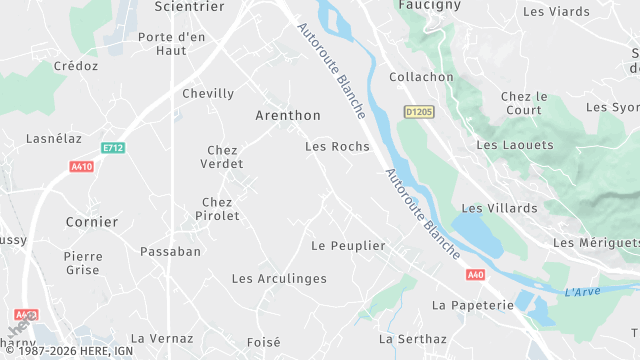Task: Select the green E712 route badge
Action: (x=113, y=148)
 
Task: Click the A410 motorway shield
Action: (x=81, y=167)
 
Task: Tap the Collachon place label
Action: (x=420, y=77)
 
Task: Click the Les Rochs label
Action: (x=336, y=146)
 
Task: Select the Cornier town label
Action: (x=91, y=222)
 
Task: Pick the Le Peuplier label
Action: (x=348, y=245)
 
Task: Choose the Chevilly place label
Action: (x=208, y=93)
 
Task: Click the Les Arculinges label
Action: (x=279, y=278)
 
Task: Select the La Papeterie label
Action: (x=472, y=303)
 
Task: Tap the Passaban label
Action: (x=170, y=251)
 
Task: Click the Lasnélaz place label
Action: (x=54, y=139)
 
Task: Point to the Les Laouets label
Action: (x=515, y=145)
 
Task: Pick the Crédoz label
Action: (x=76, y=66)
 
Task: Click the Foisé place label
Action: (x=264, y=341)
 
